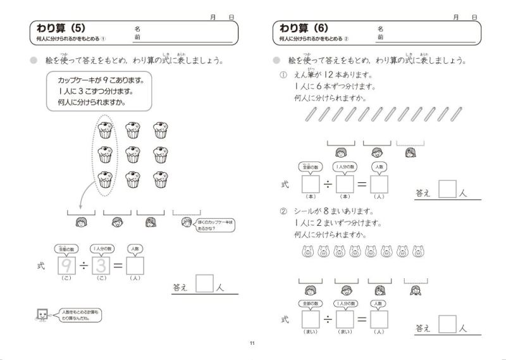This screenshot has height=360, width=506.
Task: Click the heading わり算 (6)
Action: (304, 28)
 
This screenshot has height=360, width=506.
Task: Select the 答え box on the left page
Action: (204, 283)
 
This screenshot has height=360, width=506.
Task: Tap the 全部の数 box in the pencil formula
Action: (311, 184)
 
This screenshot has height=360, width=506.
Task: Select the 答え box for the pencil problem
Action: (447, 190)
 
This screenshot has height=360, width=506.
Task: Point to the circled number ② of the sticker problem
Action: (283, 211)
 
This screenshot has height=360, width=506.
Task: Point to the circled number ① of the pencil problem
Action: (283, 75)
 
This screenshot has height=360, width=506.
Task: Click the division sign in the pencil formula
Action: (328, 184)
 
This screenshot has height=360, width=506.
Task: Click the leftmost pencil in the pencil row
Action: (309, 114)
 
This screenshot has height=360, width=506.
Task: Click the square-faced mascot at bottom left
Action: (42, 314)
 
